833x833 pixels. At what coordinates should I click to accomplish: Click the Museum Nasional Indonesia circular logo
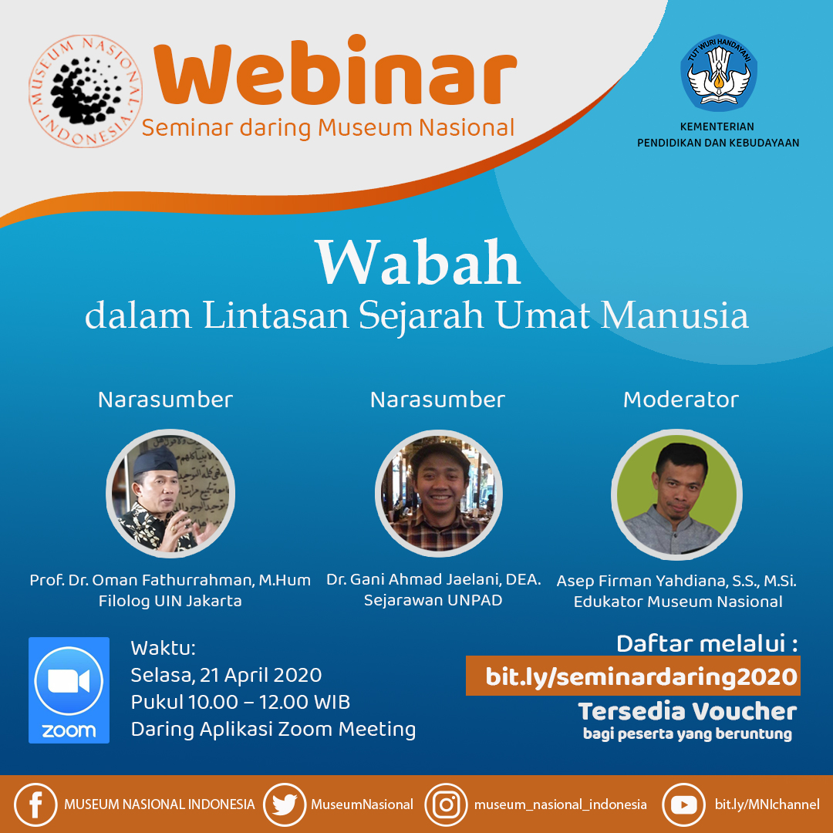pyautogui.click(x=86, y=91)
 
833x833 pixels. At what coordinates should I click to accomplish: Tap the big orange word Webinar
pyautogui.click(x=336, y=71)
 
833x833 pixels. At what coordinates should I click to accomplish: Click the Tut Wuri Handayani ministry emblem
pyautogui.click(x=719, y=73)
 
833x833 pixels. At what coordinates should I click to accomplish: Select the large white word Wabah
pyautogui.click(x=418, y=262)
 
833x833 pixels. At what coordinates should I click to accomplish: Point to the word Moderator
pyautogui.click(x=680, y=400)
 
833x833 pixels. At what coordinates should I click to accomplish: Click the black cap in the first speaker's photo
pyautogui.click(x=155, y=460)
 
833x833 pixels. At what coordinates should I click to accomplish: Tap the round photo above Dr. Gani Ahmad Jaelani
pyautogui.click(x=438, y=494)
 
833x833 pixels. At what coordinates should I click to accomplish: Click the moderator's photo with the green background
pyautogui.click(x=676, y=494)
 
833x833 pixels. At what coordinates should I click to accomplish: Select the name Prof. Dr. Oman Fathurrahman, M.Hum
pyautogui.click(x=170, y=579)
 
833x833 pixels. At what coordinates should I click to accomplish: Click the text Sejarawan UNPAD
pyautogui.click(x=433, y=600)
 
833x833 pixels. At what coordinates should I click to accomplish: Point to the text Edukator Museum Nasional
pyautogui.click(x=678, y=602)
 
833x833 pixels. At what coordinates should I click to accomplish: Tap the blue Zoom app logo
pyautogui.click(x=69, y=690)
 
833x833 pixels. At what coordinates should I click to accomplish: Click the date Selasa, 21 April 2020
pyautogui.click(x=226, y=675)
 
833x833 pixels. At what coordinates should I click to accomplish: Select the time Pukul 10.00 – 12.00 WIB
pyautogui.click(x=241, y=703)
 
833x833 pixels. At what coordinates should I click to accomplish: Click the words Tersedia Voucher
pyautogui.click(x=687, y=711)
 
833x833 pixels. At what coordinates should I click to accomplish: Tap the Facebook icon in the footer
pyautogui.click(x=35, y=804)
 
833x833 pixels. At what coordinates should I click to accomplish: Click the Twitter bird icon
pyautogui.click(x=285, y=804)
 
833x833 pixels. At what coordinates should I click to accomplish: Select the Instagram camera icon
pyautogui.click(x=447, y=804)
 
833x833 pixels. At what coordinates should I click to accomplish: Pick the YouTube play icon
pyautogui.click(x=683, y=804)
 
